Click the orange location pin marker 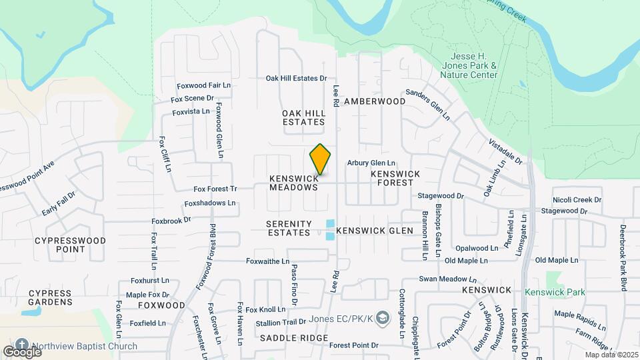tap(321, 159)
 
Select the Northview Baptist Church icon tap(21, 345)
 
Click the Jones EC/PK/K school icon tap(382, 319)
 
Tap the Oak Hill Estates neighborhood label tap(304, 117)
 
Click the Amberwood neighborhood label tap(375, 101)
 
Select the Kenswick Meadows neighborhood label tap(294, 183)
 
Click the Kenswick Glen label tap(375, 231)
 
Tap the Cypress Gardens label tap(50, 297)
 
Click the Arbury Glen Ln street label tap(371, 163)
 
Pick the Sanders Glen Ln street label tap(427, 105)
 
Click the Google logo tap(22, 351)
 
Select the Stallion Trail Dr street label tap(275, 322)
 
